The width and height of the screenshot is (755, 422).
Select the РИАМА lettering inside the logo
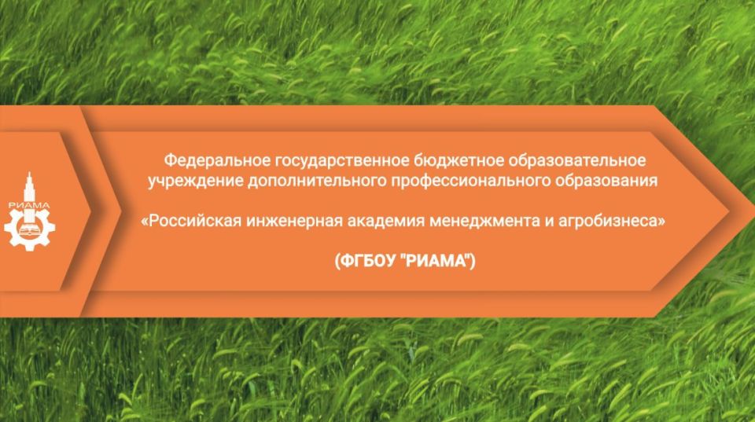[x=29, y=207]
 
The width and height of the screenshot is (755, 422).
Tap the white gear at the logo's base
[x=29, y=232]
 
